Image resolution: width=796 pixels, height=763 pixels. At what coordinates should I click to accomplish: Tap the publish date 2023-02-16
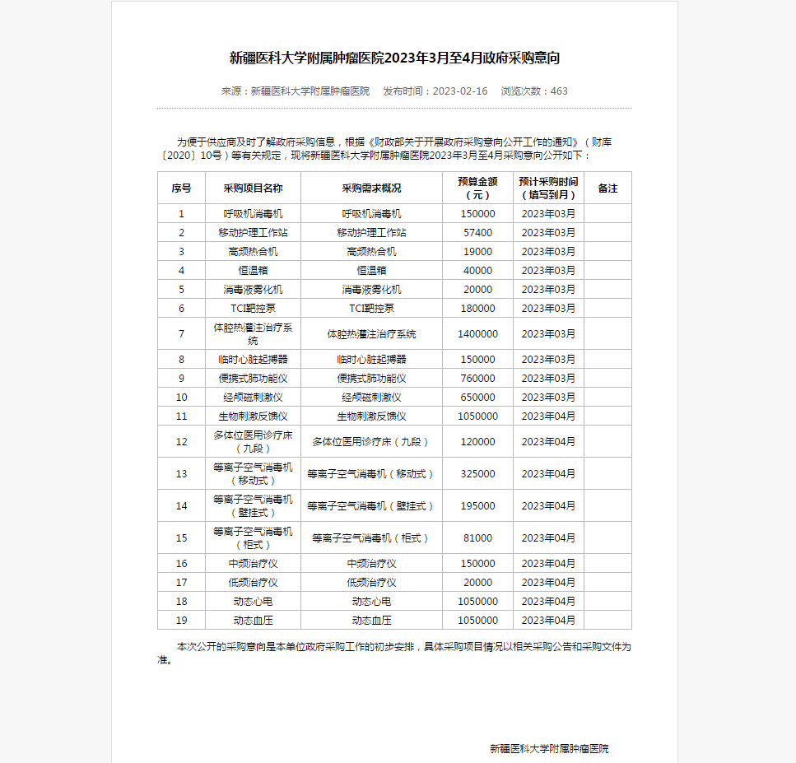[459, 91]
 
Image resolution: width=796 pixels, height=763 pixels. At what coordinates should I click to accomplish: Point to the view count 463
[559, 91]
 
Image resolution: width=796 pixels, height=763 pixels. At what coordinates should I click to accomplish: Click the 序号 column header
[181, 188]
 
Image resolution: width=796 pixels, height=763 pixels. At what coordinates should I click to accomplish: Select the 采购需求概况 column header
[371, 188]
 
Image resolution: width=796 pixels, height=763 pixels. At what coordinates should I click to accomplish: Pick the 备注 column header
[607, 188]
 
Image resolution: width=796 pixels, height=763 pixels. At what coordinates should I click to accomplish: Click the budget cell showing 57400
[477, 233]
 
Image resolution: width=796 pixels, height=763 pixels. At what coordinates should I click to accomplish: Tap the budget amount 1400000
[477, 334]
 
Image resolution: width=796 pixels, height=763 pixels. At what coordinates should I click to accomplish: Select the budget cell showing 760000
[477, 379]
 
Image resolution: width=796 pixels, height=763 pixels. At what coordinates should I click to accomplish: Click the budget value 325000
[477, 474]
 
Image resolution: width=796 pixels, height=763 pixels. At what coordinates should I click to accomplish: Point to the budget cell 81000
[477, 538]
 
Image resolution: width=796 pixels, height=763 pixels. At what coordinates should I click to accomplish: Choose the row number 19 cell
[181, 621]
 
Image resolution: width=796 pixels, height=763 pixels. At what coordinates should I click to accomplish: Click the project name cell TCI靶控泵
[253, 309]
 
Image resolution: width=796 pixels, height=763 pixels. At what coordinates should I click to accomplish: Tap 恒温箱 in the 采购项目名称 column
[253, 271]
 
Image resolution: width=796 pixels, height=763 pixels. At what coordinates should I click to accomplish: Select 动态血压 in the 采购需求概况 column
[371, 621]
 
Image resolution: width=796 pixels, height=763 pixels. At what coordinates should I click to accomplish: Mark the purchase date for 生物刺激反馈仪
[548, 416]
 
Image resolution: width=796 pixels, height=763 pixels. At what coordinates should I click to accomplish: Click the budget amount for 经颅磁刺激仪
[477, 398]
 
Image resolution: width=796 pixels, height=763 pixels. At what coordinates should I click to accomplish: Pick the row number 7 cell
[181, 334]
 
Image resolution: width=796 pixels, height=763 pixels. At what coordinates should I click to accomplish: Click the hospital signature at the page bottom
[549, 749]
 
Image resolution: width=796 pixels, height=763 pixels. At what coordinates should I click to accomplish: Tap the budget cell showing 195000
[477, 506]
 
